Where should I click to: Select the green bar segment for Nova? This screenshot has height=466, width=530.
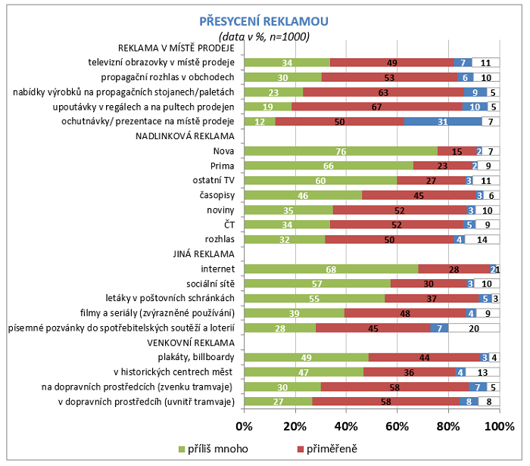point(341,151)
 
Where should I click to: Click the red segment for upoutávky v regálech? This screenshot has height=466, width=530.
point(378,107)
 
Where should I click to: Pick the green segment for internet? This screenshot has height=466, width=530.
point(332,269)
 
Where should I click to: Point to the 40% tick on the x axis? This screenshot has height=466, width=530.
point(346,427)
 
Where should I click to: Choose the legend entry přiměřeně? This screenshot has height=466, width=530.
point(330,449)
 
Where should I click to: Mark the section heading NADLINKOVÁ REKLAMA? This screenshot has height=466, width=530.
point(184,136)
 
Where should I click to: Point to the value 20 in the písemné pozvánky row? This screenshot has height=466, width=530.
point(473,328)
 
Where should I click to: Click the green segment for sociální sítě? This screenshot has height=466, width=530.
point(317,284)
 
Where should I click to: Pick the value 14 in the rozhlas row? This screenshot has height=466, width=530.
point(482,239)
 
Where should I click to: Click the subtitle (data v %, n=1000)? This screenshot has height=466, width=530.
point(264,36)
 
